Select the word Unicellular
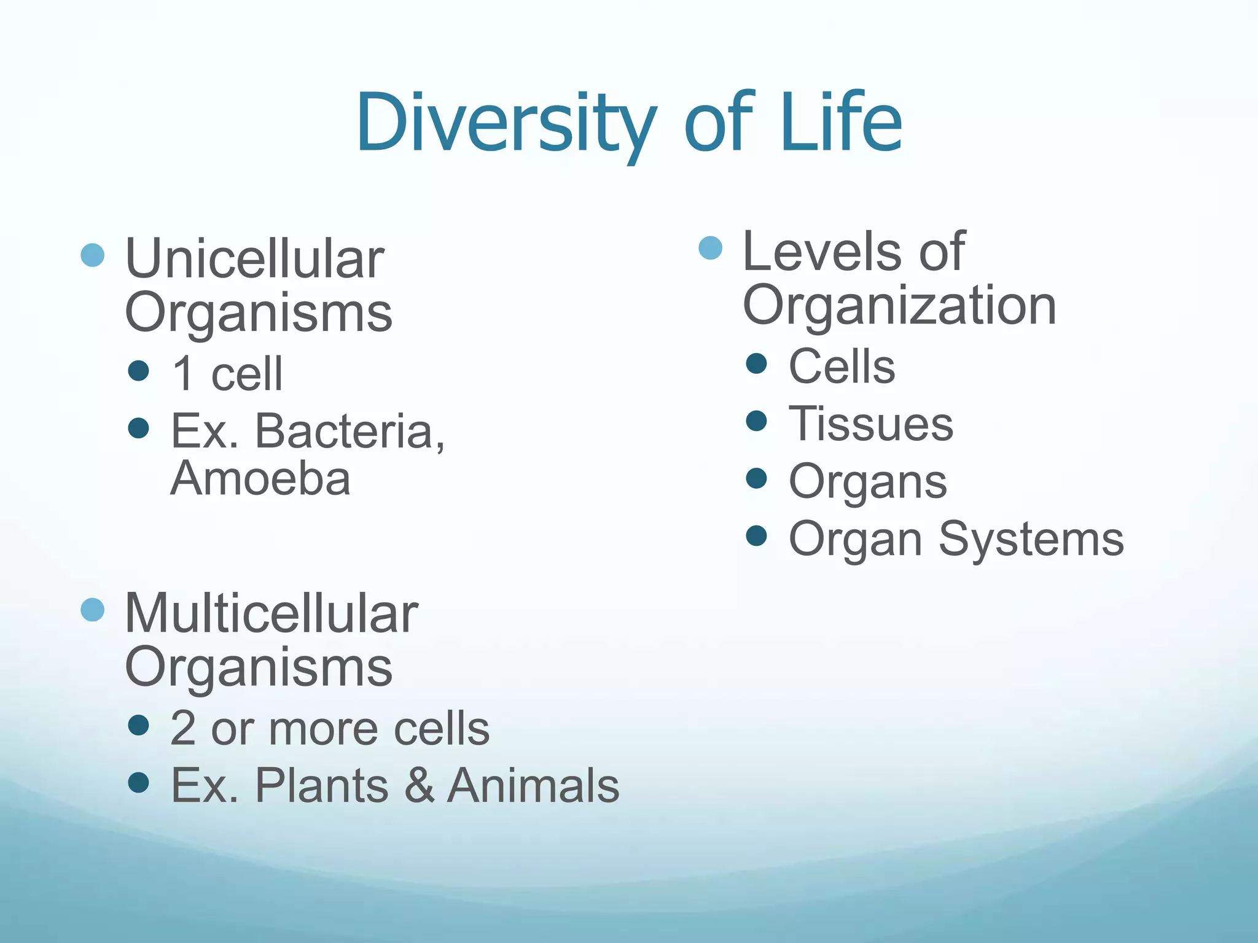(x=254, y=259)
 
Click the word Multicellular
(x=271, y=613)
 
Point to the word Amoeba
(x=260, y=479)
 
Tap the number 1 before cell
(x=183, y=374)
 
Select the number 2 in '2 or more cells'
(x=182, y=729)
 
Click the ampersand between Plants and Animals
(x=420, y=785)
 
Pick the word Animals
(x=533, y=785)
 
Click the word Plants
(x=321, y=785)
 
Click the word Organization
(x=899, y=306)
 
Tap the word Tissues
(x=870, y=424)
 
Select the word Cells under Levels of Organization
(x=842, y=367)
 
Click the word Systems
(x=1031, y=539)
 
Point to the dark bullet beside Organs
(x=756, y=478)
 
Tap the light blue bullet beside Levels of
(x=711, y=248)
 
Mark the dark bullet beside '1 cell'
(x=139, y=370)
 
